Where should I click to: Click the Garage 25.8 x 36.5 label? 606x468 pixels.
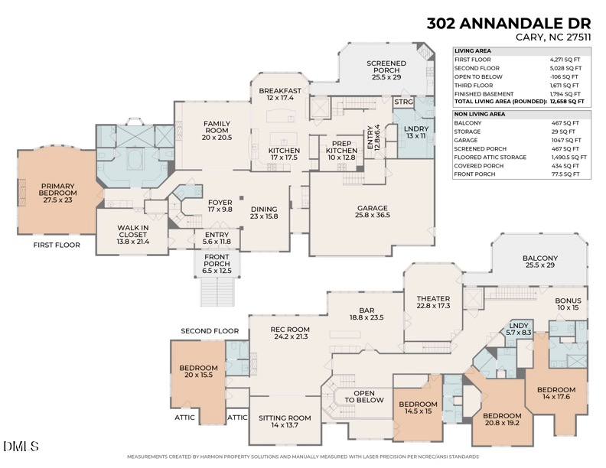tap(373, 212)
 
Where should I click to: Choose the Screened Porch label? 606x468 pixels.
tap(386, 70)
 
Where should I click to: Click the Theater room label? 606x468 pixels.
tap(433, 302)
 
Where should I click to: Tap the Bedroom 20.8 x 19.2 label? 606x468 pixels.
tap(501, 420)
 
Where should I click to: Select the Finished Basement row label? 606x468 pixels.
tap(482, 93)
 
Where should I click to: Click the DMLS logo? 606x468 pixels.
tap(21, 446)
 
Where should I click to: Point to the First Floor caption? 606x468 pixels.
tap(57, 245)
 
